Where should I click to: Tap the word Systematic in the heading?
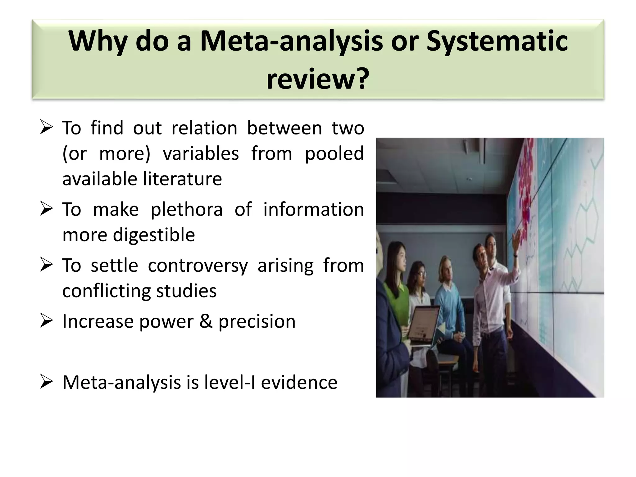(497, 41)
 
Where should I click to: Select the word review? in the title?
(318, 79)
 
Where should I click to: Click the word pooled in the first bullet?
(334, 153)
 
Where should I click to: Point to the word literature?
(182, 179)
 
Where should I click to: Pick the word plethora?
(187, 209)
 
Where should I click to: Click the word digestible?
(154, 234)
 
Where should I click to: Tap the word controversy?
(198, 266)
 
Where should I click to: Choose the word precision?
(257, 321)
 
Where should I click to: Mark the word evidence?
(299, 382)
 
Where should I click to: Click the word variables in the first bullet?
(201, 153)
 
